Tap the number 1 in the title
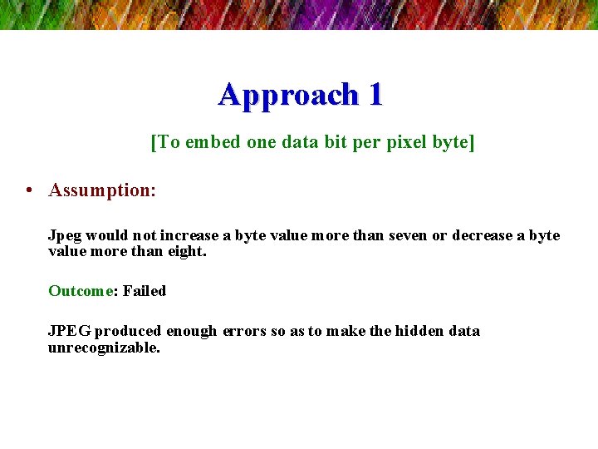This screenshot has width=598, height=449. tap(375, 95)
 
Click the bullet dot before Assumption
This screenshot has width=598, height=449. tap(29, 190)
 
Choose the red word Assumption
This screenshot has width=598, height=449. tap(100, 190)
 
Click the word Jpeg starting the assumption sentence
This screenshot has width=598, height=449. tap(65, 236)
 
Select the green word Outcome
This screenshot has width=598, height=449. tap(81, 291)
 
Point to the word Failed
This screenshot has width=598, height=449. tap(145, 291)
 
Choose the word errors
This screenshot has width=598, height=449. tap(244, 331)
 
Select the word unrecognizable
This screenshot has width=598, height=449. tap(104, 348)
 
